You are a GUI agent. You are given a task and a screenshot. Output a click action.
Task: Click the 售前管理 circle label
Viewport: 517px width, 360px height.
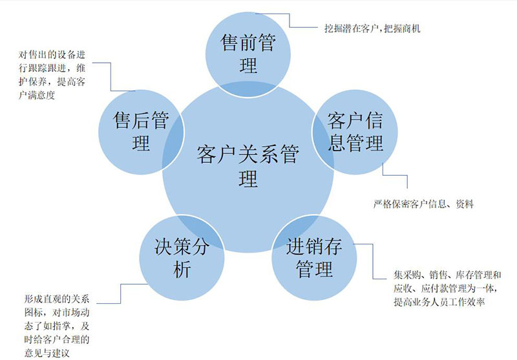tap(248, 54)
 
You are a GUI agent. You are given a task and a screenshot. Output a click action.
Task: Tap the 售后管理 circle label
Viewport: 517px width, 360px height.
tap(141, 132)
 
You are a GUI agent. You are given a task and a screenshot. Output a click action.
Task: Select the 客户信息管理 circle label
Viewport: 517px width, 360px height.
tap(355, 132)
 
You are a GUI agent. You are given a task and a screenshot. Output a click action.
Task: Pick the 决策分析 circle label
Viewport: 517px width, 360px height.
tap(182, 257)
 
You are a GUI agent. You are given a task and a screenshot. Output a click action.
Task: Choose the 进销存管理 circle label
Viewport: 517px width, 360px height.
tap(314, 257)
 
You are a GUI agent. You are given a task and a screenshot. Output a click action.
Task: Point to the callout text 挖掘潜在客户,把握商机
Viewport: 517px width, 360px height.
tap(373, 28)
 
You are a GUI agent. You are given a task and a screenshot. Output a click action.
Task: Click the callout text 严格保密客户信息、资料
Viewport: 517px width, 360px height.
tap(424, 204)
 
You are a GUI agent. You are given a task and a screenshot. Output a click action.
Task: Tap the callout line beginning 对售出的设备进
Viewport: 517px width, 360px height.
tap(52, 55)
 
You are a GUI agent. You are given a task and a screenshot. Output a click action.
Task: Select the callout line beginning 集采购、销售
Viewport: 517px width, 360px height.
tap(447, 275)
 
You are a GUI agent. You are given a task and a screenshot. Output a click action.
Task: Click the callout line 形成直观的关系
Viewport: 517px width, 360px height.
tap(57, 299)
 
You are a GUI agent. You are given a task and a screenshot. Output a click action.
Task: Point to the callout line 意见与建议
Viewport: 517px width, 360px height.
tap(47, 353)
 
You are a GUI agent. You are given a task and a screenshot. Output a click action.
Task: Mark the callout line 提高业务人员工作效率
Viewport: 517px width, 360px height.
tap(439, 302)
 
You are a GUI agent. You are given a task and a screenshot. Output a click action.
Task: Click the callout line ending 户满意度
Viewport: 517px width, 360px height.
tap(37, 95)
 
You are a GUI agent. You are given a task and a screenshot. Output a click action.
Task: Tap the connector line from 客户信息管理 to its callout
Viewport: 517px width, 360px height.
tap(395, 175)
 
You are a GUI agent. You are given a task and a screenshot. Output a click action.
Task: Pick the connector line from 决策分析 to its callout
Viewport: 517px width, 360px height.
tap(121, 293)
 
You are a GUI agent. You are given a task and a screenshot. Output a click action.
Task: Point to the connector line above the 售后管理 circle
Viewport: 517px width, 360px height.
tap(111, 77)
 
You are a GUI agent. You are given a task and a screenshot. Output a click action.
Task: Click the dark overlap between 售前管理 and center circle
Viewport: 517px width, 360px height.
tap(248, 89)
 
